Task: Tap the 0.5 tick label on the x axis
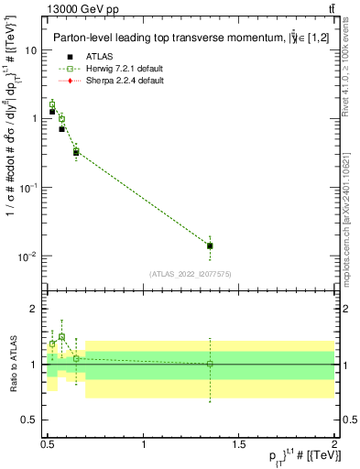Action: (x=48, y=443)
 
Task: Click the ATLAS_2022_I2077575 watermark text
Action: (x=191, y=275)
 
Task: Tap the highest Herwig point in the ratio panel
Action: (x=61, y=337)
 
